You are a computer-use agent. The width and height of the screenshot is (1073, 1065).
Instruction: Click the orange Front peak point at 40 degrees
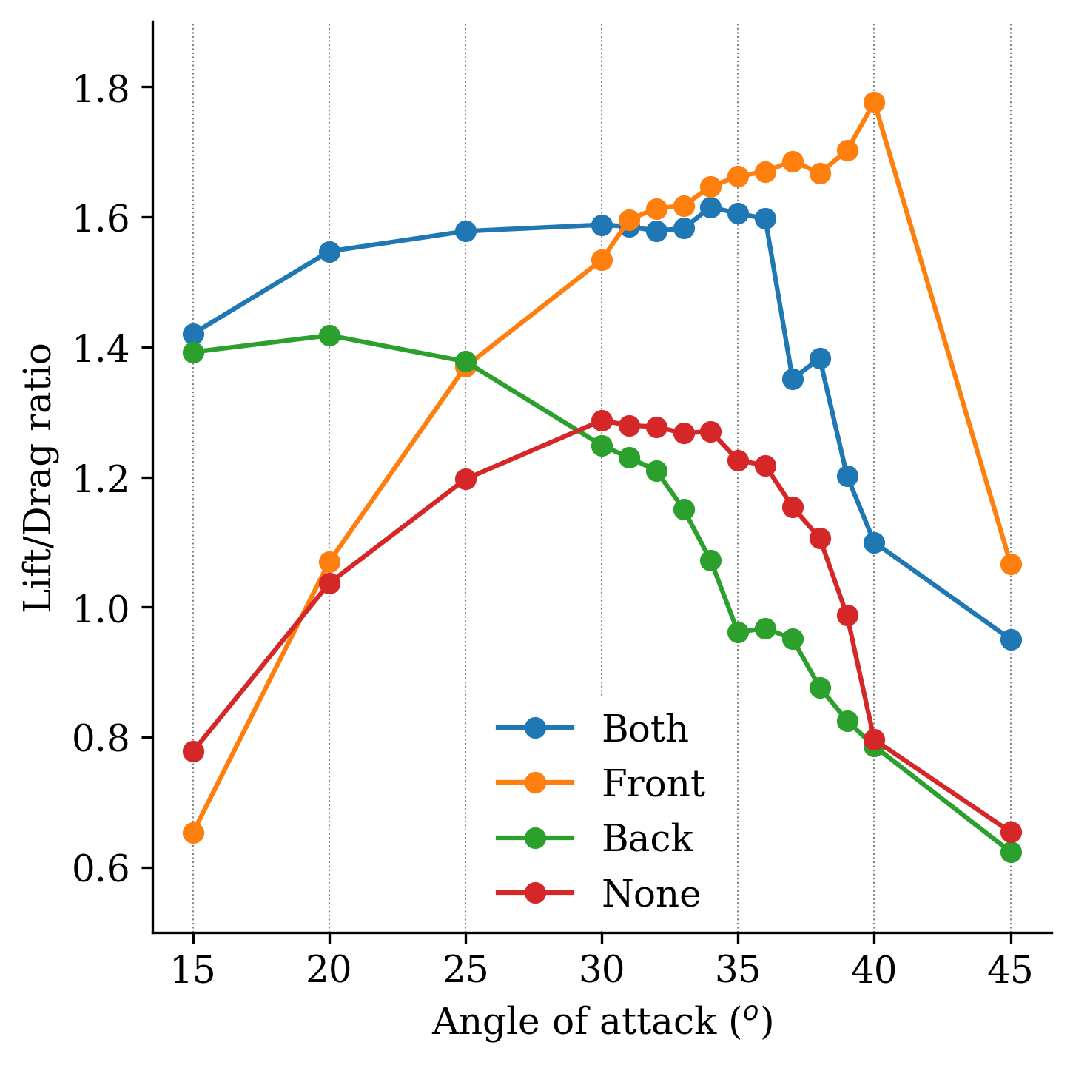tap(874, 102)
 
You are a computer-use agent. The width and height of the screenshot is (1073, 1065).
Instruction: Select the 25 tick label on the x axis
tap(465, 970)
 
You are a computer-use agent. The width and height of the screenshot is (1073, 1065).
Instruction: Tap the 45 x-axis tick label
tap(1011, 970)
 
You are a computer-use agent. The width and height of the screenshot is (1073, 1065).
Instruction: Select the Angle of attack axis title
tap(602, 1022)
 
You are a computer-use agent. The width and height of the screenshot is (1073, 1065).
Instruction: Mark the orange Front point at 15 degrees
tap(193, 833)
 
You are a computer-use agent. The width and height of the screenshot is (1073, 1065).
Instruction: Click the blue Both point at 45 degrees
tap(1011, 639)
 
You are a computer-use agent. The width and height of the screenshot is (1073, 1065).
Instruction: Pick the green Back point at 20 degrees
tap(329, 335)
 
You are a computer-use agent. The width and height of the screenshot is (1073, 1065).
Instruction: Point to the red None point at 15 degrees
tap(193, 751)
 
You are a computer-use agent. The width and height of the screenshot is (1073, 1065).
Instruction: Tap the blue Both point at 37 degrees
tap(793, 379)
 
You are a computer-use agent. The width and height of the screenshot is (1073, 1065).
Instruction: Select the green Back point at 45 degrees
tap(1011, 852)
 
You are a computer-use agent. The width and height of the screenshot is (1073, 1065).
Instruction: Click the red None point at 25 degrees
tap(465, 479)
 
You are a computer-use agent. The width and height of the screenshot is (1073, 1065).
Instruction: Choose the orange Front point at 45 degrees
tap(1011, 565)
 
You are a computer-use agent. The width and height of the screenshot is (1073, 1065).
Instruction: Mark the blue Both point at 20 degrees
tap(329, 252)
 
